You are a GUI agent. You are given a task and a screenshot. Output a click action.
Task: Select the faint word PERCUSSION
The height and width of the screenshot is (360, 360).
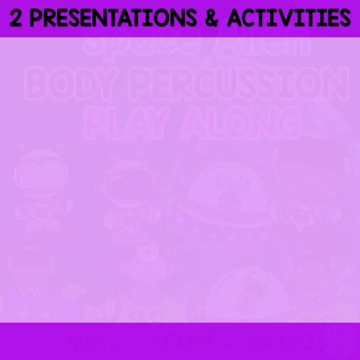coord(238,87)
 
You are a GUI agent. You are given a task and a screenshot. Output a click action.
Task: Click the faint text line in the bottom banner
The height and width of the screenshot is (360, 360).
coord(180,339)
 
